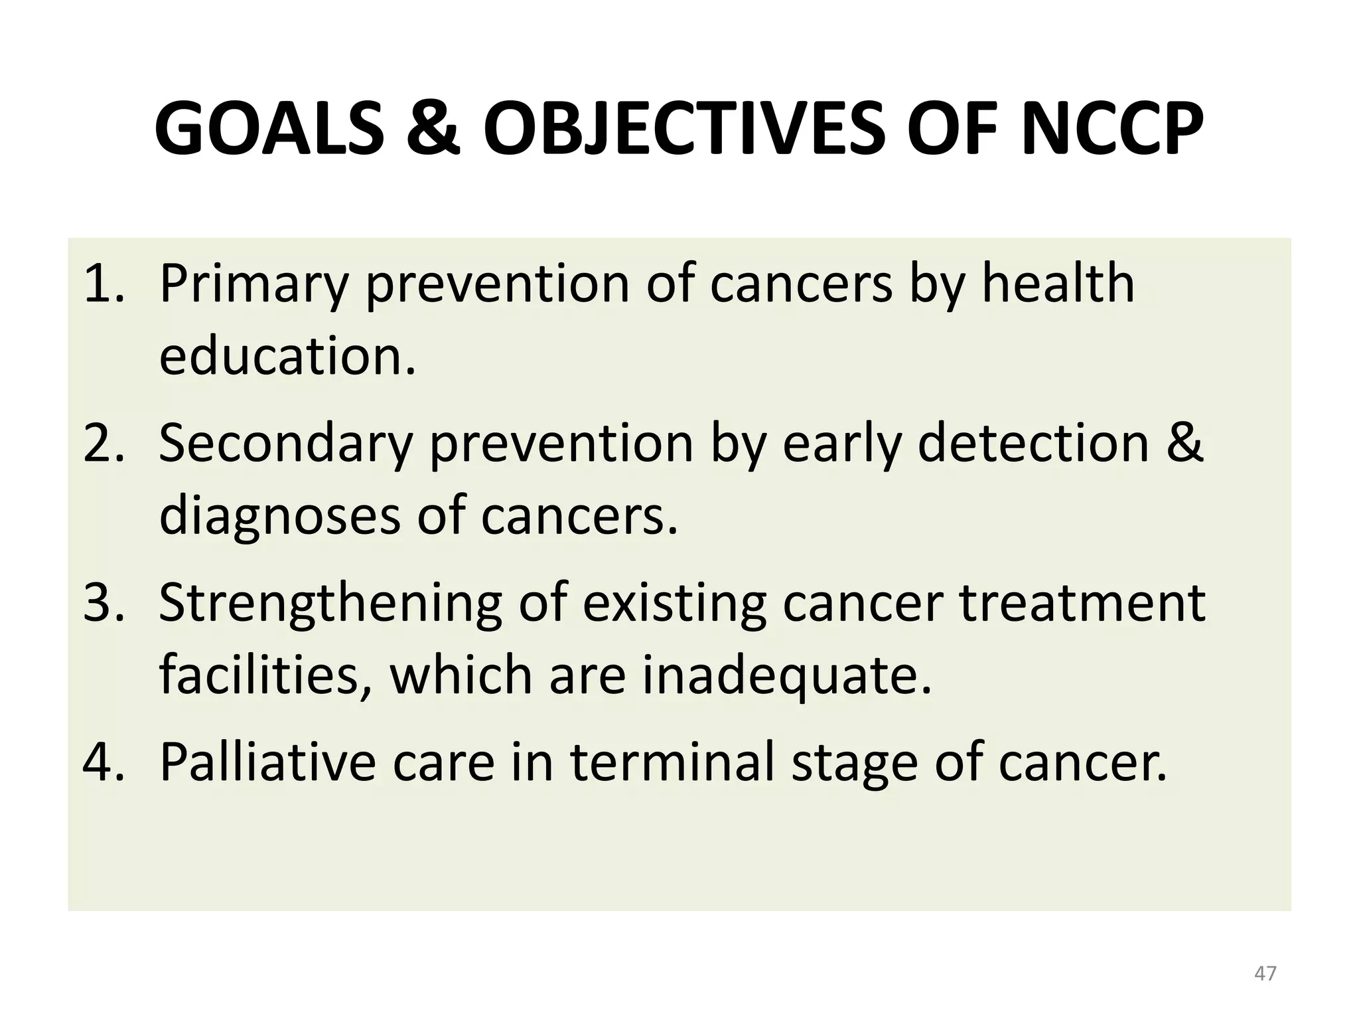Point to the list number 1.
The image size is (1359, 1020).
(103, 284)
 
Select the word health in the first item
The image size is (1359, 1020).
(1058, 284)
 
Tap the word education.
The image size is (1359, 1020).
(287, 356)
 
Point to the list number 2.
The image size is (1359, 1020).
(103, 444)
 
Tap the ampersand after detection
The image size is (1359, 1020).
(1184, 444)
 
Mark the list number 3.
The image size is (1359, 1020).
(103, 603)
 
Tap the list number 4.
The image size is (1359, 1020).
(103, 762)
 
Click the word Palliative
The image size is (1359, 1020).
(268, 762)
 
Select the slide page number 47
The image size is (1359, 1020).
(1265, 974)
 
